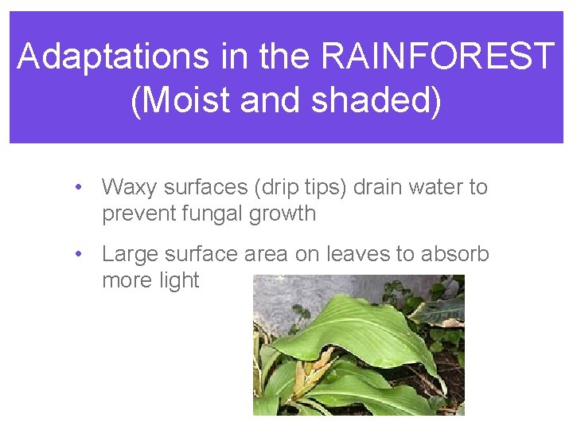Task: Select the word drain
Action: coord(376,188)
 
